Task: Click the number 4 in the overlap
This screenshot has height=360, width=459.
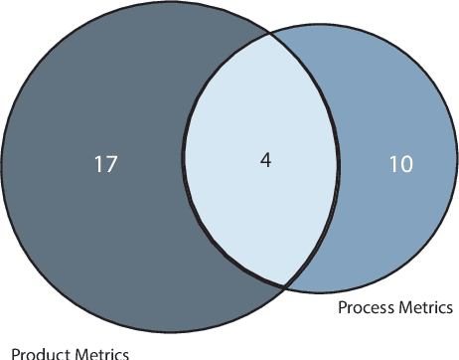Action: point(265,159)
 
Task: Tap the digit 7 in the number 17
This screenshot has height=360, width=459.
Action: point(111,164)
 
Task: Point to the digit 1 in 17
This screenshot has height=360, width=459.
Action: point(98,164)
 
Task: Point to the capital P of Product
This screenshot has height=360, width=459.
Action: point(16,352)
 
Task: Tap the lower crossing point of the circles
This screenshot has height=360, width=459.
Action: point(286,287)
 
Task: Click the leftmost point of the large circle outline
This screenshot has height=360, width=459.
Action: point(3,167)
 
